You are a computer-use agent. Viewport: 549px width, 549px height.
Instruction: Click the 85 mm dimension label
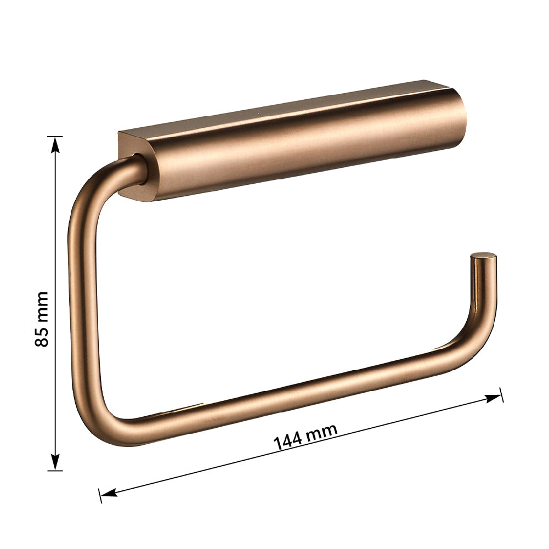[42, 319]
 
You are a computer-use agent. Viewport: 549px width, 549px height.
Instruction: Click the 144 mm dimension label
[305, 436]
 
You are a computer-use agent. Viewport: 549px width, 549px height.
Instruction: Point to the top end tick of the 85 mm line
[55, 136]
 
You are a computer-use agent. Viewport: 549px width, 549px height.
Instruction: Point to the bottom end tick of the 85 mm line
[55, 471]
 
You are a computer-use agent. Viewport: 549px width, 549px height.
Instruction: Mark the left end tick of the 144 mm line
[100, 495]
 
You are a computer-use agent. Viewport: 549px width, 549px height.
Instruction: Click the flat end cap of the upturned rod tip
[484, 255]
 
